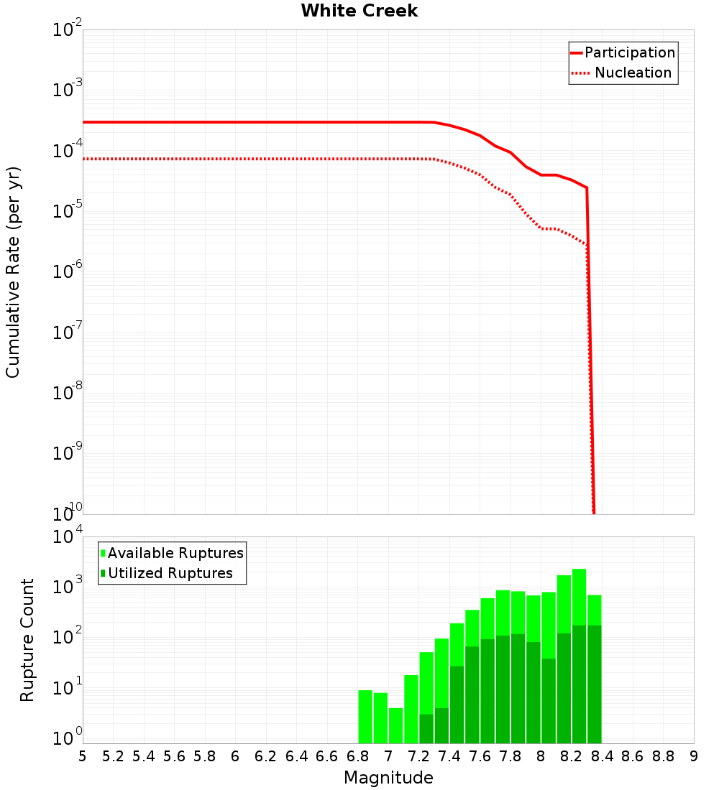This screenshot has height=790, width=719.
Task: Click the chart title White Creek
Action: coord(359,11)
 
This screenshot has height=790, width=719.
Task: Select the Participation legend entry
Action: coord(629,52)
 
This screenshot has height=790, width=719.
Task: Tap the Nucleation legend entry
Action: coord(633,73)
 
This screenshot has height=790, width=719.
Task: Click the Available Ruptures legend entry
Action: coord(175,553)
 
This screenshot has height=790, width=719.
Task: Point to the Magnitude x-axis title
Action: coord(388,778)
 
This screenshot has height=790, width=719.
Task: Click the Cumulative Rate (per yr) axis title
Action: coord(13,272)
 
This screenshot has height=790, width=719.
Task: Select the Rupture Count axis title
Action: coord(27,640)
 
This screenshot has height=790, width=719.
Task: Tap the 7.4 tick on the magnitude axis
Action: coord(449,756)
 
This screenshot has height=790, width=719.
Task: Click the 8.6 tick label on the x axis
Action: coord(633,756)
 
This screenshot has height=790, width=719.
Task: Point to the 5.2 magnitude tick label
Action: coord(113,756)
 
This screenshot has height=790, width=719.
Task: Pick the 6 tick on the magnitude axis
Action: coord(235,756)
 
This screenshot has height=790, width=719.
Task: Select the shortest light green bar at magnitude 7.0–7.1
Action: coord(396,725)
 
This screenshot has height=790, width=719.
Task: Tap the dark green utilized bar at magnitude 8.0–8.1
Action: coord(549,700)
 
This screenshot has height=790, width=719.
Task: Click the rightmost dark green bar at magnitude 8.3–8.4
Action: coord(595,682)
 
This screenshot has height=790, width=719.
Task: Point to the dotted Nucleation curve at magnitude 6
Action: coord(235,159)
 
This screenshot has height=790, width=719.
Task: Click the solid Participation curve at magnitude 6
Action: coord(235,122)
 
